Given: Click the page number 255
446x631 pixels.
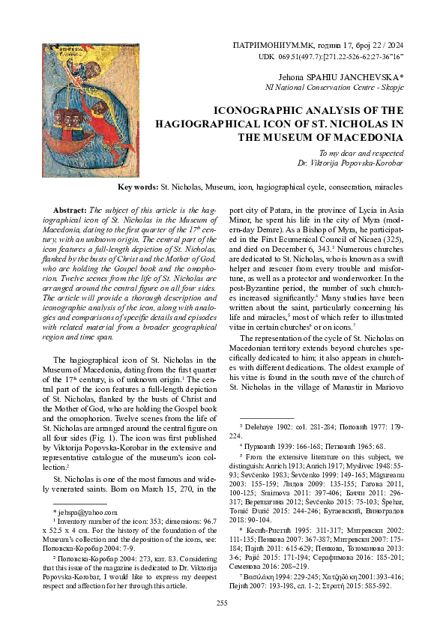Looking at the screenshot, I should pyautogui.click(x=222, y=603).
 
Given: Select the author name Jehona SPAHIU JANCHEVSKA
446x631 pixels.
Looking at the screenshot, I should pyautogui.click(x=339, y=77).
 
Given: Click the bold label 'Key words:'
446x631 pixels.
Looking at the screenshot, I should pyautogui.click(x=138, y=186).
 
